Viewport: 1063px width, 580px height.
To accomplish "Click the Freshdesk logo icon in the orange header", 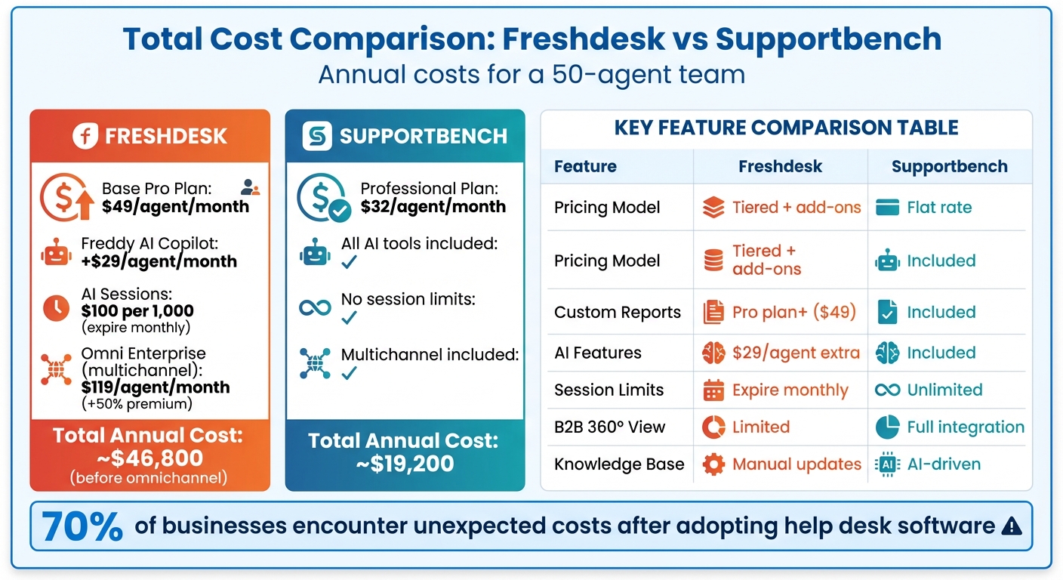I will [x=86, y=136].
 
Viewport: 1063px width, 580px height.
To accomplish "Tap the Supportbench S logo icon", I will [x=317, y=136].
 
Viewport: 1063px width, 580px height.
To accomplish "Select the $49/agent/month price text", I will [x=175, y=206].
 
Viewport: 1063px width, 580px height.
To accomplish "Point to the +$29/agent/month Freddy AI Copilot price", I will [x=159, y=262].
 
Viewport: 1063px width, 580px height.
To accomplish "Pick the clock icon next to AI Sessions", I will [x=57, y=308].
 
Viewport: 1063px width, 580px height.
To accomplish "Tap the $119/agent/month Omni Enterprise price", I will [x=156, y=387].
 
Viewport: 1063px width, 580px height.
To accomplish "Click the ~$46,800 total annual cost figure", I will [x=149, y=458].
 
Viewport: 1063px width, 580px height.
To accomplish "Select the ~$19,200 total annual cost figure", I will [x=405, y=463].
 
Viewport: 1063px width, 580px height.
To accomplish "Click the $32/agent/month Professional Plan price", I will [x=433, y=206].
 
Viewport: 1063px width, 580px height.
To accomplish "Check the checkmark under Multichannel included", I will [x=349, y=373].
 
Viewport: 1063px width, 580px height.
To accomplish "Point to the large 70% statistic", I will [x=82, y=526].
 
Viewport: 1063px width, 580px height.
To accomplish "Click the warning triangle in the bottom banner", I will [x=1011, y=526].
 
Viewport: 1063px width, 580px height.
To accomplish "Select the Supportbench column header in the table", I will [x=949, y=167].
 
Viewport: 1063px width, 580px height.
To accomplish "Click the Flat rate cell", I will [x=939, y=207].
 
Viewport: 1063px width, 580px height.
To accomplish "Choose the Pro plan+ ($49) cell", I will [x=794, y=313].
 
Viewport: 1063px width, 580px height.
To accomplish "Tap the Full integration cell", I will [x=965, y=427].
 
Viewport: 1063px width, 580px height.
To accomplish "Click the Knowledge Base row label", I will [x=619, y=464].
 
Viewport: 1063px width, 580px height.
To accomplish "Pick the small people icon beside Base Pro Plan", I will [x=250, y=187].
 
